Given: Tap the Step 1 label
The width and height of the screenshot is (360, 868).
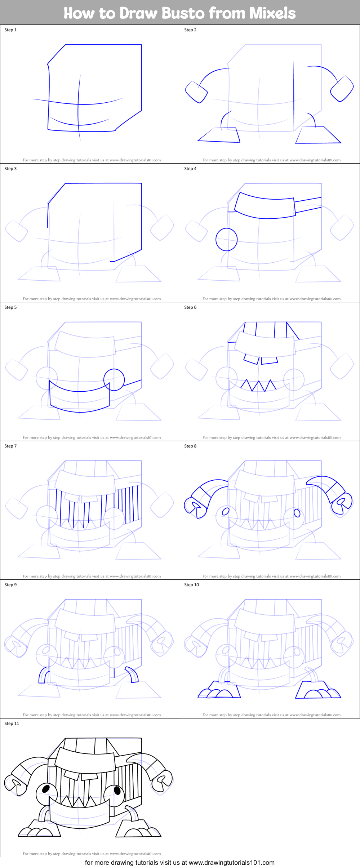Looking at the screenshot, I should click(10, 30).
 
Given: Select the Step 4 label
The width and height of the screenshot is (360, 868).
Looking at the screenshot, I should click(190, 169).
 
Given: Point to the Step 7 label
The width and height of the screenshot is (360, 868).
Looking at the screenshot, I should click(10, 446).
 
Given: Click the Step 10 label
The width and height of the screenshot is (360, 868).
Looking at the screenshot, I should click(191, 585).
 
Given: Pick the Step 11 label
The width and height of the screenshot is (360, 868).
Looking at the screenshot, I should click(12, 724).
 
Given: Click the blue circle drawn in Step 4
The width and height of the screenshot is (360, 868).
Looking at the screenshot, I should click(226, 239).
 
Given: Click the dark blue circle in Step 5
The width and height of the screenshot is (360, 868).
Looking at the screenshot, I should click(114, 380).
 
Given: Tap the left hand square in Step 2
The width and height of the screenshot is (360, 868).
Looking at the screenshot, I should click(196, 92).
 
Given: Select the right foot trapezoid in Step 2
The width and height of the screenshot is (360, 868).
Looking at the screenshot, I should click(317, 135).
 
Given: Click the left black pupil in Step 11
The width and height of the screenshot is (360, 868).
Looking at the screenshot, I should click(46, 789).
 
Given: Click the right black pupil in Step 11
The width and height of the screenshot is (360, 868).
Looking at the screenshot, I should click(117, 790).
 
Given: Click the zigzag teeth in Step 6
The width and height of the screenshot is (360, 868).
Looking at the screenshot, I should click(258, 385).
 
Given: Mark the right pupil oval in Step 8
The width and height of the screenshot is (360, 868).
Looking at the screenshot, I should click(297, 513).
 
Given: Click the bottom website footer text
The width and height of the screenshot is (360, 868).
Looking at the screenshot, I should click(179, 863).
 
